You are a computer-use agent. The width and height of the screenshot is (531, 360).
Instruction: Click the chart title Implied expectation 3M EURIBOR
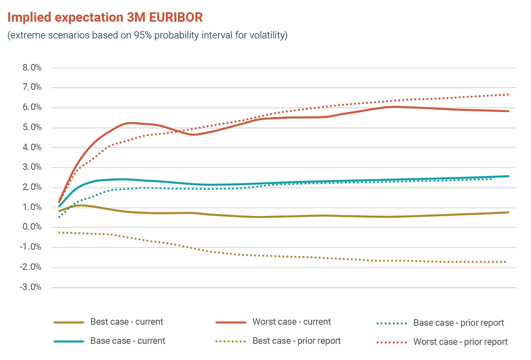coord(105,18)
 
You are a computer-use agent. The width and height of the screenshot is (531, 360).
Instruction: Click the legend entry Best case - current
coord(127,322)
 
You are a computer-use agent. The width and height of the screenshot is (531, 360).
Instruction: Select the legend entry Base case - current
coord(127,341)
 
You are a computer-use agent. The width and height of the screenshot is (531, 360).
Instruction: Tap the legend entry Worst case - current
coord(291,322)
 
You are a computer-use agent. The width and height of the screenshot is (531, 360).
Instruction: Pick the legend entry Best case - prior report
coord(296,341)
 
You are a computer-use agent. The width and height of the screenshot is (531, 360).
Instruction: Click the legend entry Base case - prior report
coord(458,323)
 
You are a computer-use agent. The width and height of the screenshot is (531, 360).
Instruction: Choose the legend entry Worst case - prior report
coord(460,342)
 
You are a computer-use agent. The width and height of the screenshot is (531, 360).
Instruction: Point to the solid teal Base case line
coord(310,182)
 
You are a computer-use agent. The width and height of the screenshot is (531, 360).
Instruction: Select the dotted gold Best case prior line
coord(310,257)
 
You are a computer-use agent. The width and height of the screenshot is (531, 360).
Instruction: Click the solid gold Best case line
coord(310,216)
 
